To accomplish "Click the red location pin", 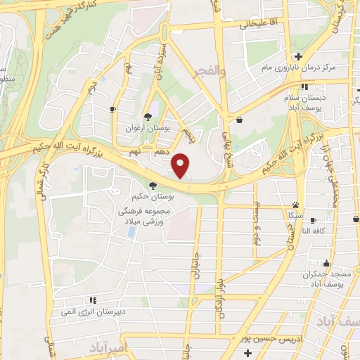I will pos(182,164).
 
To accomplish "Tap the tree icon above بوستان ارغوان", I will pos(148,117).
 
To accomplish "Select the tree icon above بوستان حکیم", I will pos(153,186).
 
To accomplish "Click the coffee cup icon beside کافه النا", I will pos(314,220).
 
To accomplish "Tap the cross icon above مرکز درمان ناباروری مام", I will pos(299,56).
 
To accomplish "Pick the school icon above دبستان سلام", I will pos(304,87).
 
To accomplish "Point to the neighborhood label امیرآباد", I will pos(108,347).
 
